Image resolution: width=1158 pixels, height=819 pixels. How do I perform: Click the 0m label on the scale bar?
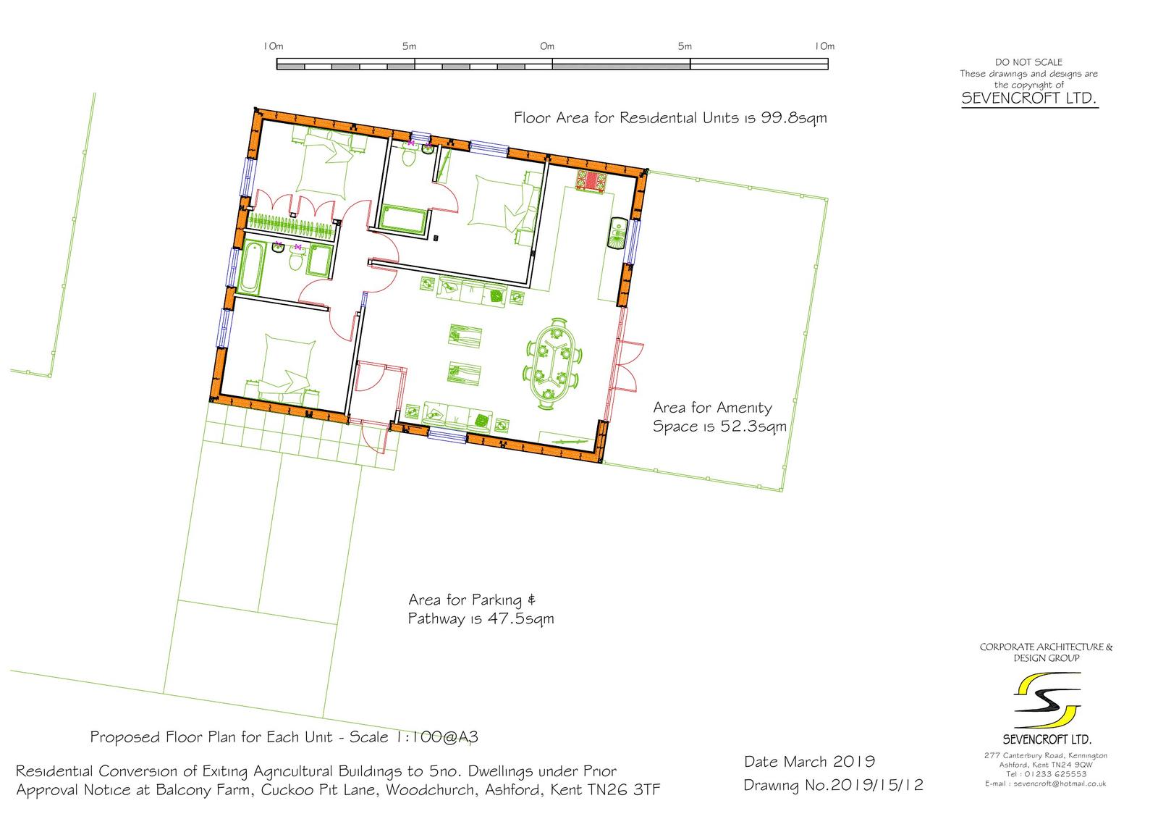[547, 46]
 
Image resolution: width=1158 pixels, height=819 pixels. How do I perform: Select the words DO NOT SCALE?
[1028, 62]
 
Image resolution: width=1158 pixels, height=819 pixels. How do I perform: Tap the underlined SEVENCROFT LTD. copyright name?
[1028, 98]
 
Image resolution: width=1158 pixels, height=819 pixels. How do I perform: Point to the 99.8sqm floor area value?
[793, 119]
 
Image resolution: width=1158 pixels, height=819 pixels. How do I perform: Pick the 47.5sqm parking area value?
[520, 619]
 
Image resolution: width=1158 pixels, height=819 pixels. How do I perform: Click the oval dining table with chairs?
[553, 364]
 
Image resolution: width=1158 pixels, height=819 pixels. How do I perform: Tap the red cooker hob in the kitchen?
[591, 181]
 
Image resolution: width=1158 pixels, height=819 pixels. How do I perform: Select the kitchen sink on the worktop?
[618, 233]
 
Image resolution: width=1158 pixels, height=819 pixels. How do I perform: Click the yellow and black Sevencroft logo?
[1047, 700]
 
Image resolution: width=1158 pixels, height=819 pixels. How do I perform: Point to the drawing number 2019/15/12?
[877, 786]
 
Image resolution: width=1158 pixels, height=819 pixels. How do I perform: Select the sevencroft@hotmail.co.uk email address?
[1060, 784]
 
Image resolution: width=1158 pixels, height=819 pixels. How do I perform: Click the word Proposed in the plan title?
[124, 737]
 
